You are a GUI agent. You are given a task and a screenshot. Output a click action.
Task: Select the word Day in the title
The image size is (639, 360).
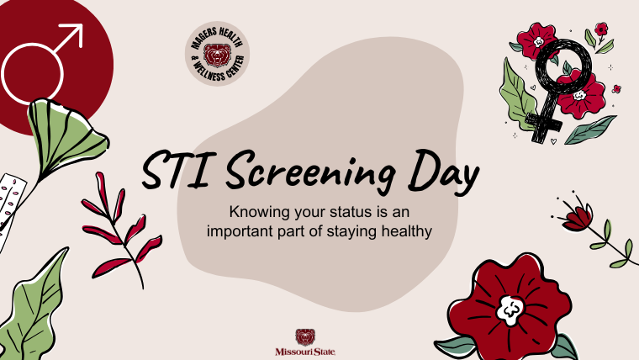point(443,172)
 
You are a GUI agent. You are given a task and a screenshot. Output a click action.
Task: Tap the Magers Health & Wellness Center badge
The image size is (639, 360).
point(217,54)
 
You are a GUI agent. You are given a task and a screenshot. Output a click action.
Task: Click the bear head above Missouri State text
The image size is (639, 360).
point(305,337)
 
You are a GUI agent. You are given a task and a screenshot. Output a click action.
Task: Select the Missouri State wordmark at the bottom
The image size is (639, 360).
point(305,352)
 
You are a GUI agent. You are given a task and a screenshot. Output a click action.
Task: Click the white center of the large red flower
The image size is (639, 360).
point(510,310)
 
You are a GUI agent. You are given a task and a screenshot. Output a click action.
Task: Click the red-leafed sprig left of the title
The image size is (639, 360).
point(121,229)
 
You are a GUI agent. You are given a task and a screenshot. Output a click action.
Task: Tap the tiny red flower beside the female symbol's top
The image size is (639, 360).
point(600,29)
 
